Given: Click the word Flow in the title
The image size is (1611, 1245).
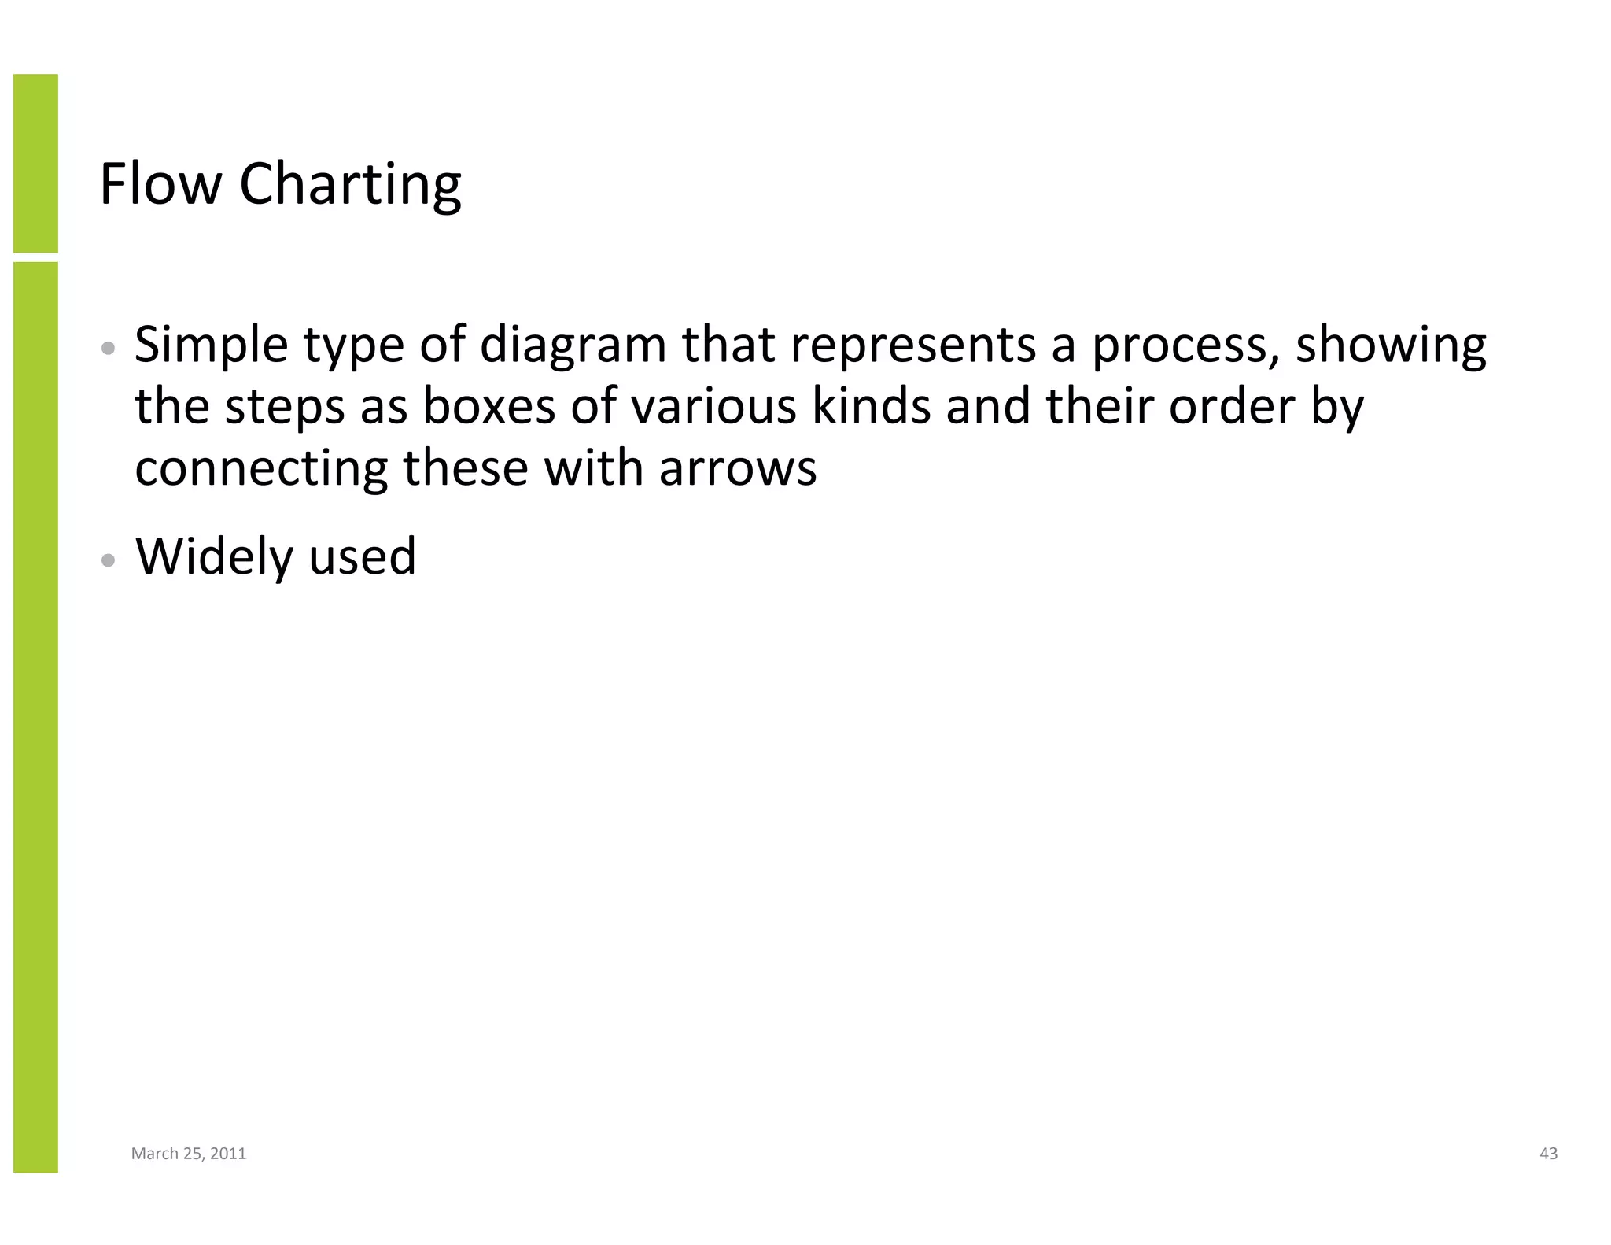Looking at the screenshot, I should [161, 184].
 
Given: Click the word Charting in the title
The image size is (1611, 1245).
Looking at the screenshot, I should [350, 186].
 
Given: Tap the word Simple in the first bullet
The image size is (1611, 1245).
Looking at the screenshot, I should [211, 346].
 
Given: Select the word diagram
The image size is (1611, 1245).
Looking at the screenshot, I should [573, 346].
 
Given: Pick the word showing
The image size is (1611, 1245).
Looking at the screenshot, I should [1391, 346].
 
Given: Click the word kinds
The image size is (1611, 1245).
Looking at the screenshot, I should [871, 407].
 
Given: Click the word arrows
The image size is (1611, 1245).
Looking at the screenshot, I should [737, 470].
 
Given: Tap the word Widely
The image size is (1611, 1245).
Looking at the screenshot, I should [214, 557].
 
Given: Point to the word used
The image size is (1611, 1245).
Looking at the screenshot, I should [362, 557].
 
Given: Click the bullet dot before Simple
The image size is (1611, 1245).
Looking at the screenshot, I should [109, 348].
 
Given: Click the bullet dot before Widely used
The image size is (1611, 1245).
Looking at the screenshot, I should [109, 560].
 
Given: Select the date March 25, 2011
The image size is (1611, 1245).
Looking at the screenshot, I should [189, 1154].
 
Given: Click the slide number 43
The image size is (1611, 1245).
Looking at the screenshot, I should [1548, 1154].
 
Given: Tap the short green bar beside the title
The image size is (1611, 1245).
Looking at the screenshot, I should [35, 163].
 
